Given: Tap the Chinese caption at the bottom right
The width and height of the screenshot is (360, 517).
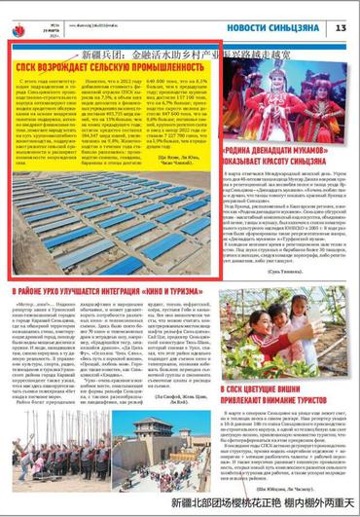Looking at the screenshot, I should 264,504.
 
